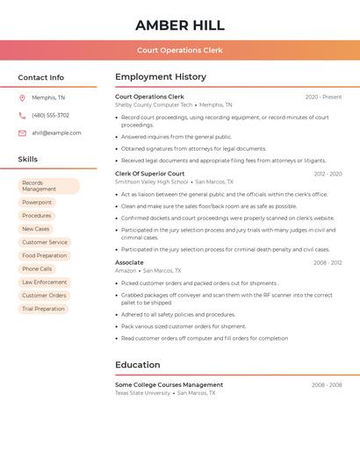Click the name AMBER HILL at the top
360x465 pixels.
[180, 25]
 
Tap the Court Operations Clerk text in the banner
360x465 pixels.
[180, 51]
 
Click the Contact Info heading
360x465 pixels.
[41, 77]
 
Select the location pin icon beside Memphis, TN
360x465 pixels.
[22, 98]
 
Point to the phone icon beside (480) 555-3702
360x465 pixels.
[22, 116]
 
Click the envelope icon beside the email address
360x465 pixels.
[22, 133]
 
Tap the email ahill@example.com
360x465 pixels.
[56, 133]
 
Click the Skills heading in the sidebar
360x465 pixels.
[28, 160]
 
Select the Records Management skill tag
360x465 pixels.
[48, 186]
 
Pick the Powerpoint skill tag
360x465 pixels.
[37, 203]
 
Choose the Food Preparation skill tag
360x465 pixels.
[45, 256]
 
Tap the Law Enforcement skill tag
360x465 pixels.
[45, 283]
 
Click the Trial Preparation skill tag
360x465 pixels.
[44, 309]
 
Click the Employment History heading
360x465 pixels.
[161, 77]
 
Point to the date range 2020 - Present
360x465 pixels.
[323, 97]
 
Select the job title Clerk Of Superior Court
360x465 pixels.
[150, 174]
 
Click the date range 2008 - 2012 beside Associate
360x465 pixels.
[328, 262]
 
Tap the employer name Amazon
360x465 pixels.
[126, 271]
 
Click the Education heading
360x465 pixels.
[138, 365]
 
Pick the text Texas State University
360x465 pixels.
[142, 393]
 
